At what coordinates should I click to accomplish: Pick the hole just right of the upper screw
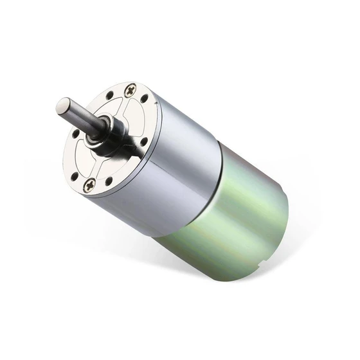145,98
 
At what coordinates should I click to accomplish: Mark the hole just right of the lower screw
109,182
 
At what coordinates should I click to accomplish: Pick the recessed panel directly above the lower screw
96,164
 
